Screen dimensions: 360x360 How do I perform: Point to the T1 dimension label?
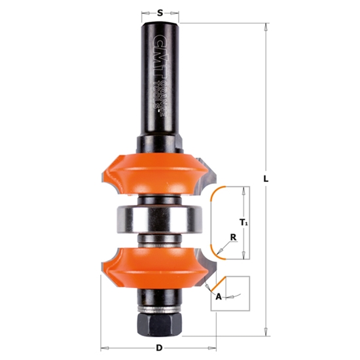244,223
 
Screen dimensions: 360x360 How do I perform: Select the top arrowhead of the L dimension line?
266,26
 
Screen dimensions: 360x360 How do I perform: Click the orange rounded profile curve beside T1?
211,223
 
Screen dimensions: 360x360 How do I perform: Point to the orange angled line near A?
214,285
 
